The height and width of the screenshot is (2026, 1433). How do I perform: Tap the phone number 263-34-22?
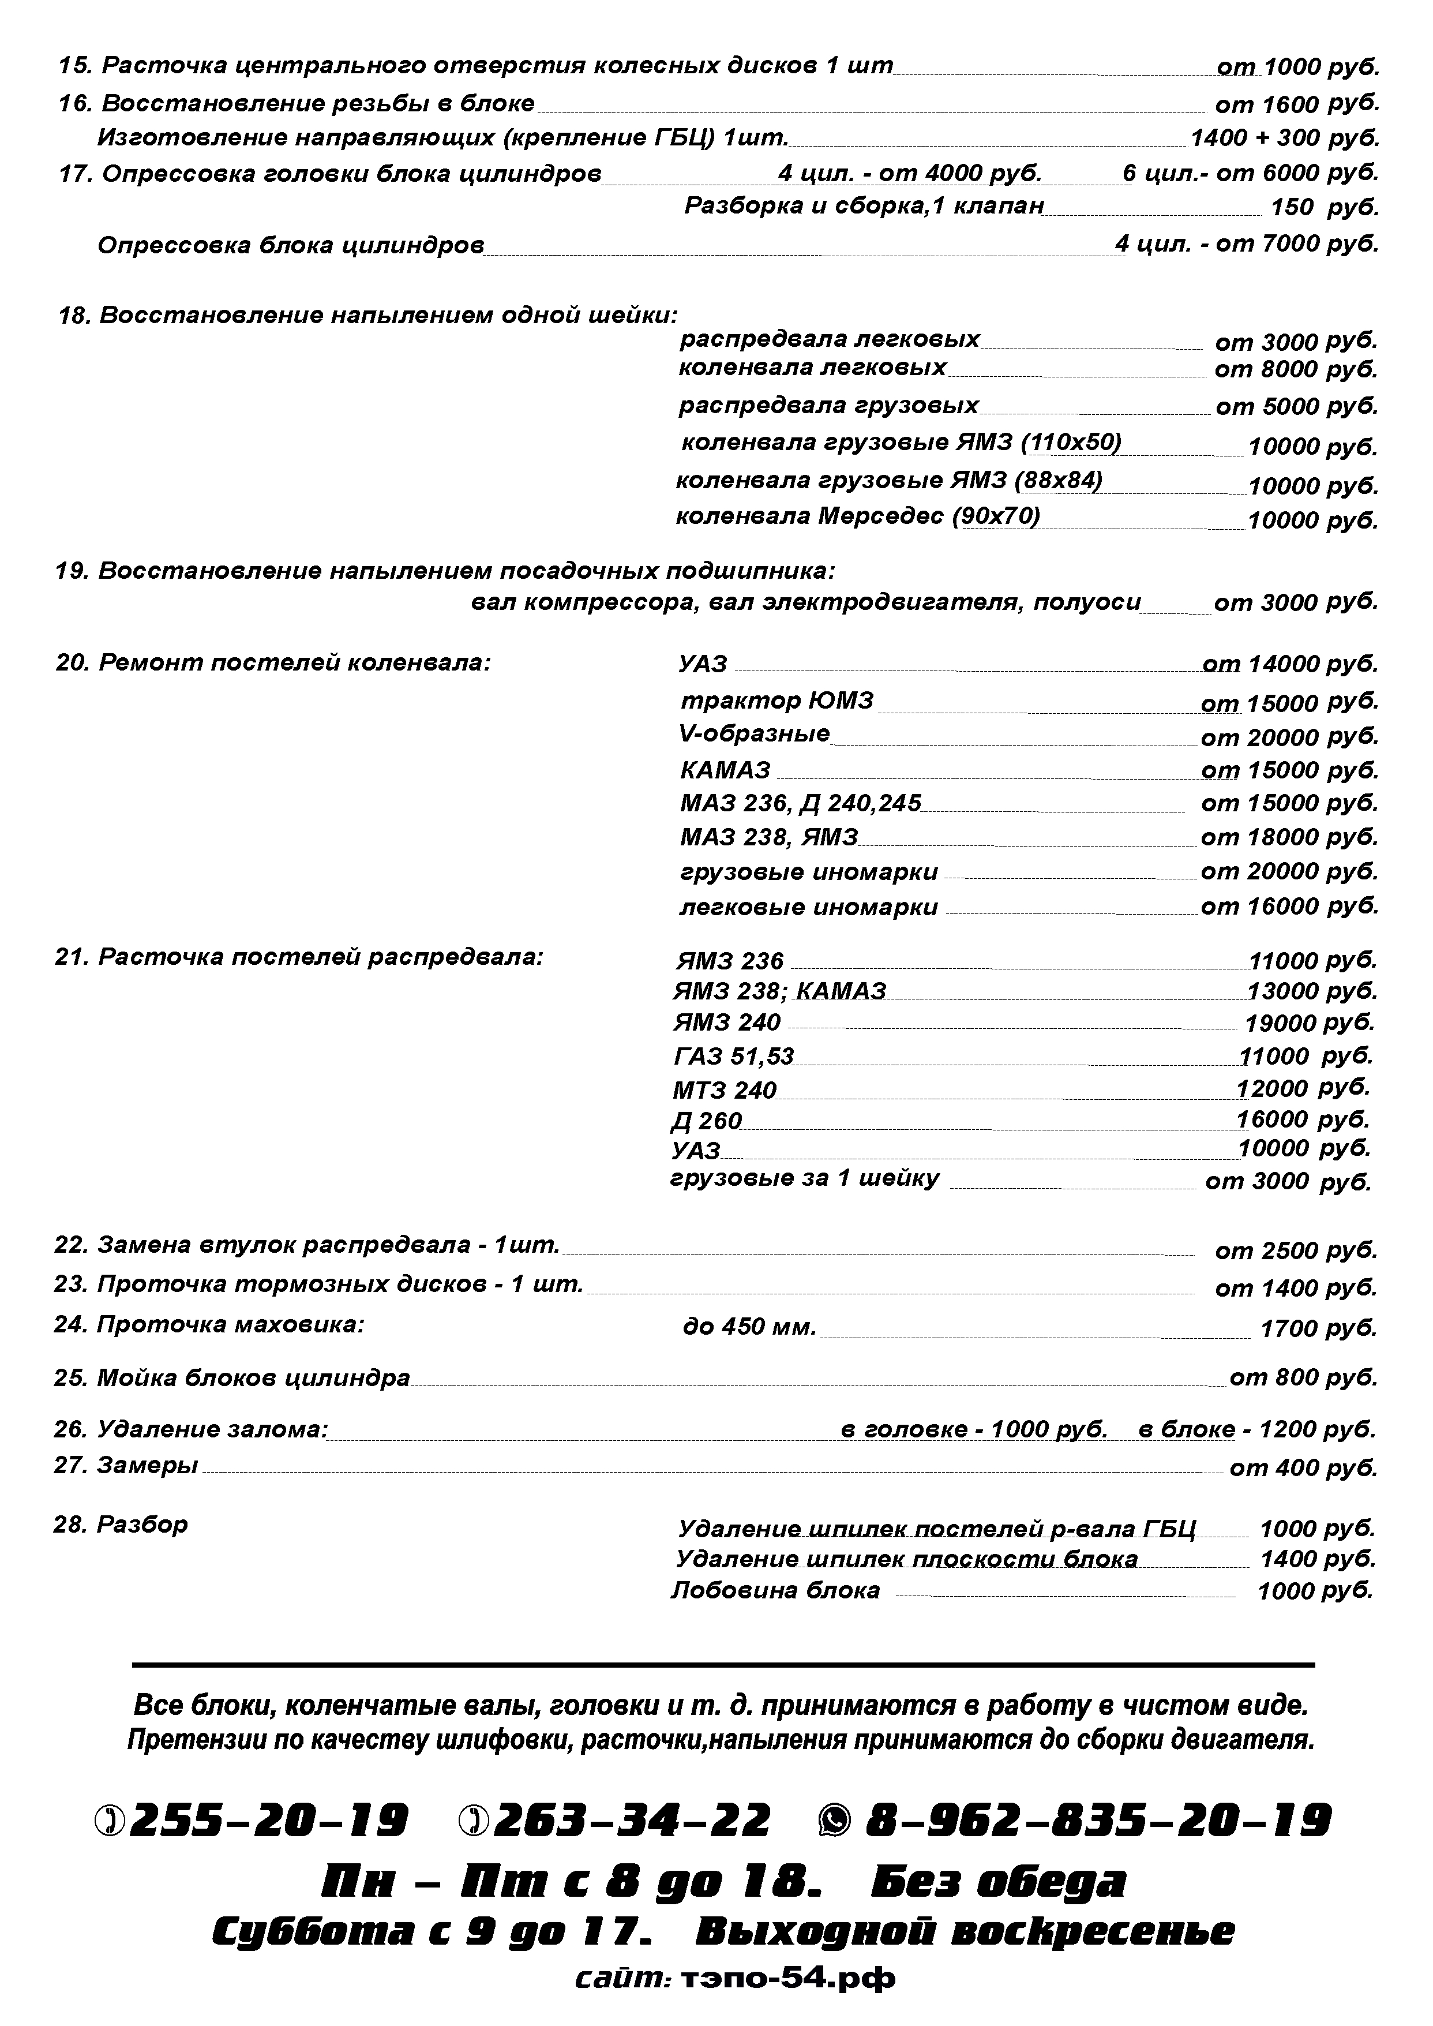tap(632, 1821)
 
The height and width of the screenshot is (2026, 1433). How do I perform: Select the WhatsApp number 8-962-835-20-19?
tap(1098, 1821)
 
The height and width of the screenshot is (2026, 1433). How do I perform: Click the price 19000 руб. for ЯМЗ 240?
tap(1310, 1024)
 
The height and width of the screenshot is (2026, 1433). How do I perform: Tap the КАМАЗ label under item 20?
tap(725, 770)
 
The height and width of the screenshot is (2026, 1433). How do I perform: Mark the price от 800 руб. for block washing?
tap(1303, 1379)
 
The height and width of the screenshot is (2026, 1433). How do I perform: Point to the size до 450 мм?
tap(749, 1327)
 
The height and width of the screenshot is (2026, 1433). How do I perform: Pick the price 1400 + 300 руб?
tap(1284, 138)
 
